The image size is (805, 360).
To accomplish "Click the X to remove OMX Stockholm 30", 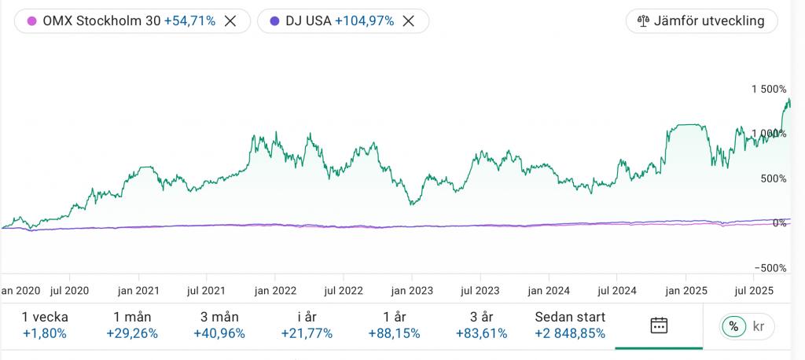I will point(230,21).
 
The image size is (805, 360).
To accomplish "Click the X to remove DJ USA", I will point(408,21).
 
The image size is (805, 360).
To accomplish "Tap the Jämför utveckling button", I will point(701,21).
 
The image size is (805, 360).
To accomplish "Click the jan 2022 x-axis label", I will point(274,290).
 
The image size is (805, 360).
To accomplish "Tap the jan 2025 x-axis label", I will point(685,290).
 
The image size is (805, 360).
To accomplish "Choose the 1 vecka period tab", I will point(45,325).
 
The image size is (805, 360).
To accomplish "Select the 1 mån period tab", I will point(132,325).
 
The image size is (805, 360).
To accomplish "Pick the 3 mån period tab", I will point(219,325).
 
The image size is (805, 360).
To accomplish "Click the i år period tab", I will point(307,325).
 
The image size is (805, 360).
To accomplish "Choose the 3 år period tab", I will point(481,325).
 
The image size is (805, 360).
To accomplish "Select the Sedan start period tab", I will point(570,325).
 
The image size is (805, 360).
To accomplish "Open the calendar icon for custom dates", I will point(659,325).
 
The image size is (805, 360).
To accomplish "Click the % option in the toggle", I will point(733,325).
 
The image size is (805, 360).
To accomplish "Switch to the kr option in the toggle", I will point(759,325).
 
